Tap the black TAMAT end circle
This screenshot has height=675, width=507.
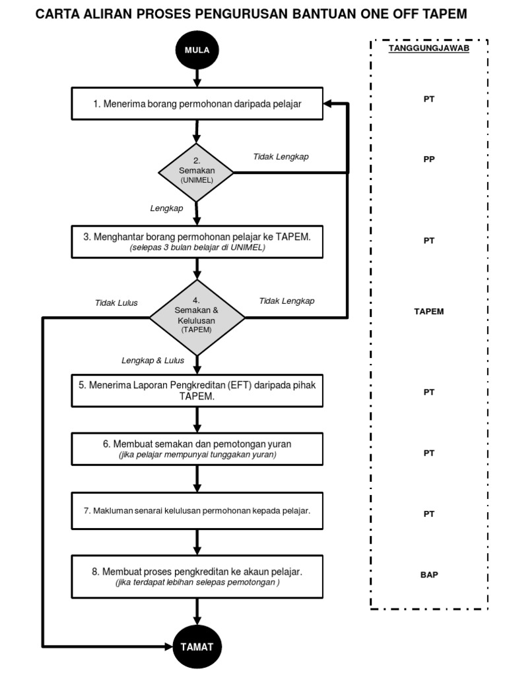click(x=197, y=646)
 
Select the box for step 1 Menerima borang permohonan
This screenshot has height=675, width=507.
click(x=197, y=104)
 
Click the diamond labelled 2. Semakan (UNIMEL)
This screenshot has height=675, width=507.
click(x=197, y=172)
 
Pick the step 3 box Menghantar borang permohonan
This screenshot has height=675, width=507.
click(x=197, y=241)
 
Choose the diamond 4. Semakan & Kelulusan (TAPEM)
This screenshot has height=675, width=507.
click(x=197, y=317)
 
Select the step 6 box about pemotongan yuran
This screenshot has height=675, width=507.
click(x=197, y=449)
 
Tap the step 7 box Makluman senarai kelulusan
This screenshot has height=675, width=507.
click(x=197, y=511)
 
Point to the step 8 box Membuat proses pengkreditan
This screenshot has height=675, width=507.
click(x=197, y=576)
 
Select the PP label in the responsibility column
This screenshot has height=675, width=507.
click(x=428, y=160)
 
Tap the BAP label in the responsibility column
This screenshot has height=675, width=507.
click(x=428, y=575)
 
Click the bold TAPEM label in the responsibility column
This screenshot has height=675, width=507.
click(x=428, y=312)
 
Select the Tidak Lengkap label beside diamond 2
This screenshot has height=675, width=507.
click(x=281, y=157)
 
